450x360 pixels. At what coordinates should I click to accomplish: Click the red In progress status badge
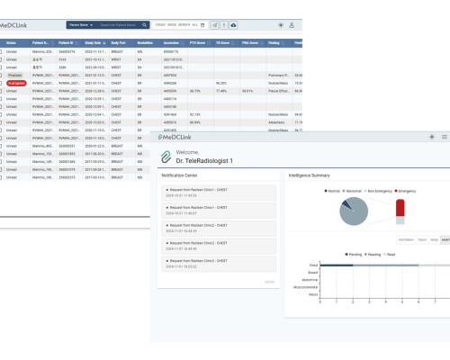tap(13, 80)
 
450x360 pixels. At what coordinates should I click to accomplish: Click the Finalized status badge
tap(13, 73)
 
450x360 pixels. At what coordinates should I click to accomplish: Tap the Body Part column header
tap(117, 41)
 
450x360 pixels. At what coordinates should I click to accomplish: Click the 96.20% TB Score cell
tap(221, 80)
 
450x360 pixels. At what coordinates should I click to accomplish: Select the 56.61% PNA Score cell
tap(247, 90)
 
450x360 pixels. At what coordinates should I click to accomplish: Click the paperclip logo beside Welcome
tap(166, 156)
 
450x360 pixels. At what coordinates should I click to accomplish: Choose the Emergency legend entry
tap(405, 192)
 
